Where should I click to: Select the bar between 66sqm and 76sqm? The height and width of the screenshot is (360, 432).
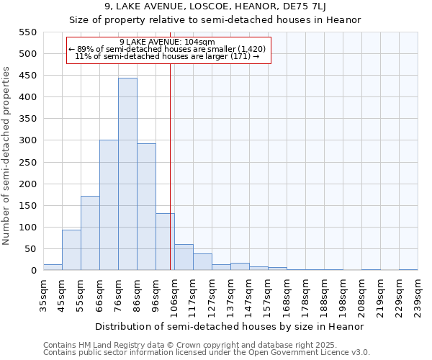point(109,205)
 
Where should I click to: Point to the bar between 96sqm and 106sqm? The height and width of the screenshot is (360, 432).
point(165,242)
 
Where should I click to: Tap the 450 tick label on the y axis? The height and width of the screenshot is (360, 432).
point(26,76)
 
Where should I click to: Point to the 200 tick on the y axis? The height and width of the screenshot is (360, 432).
point(26,184)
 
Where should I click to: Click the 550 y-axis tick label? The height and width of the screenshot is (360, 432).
point(26,32)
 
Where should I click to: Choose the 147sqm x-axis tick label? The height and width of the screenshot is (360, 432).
point(249,295)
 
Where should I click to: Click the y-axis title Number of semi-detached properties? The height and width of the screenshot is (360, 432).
point(7,155)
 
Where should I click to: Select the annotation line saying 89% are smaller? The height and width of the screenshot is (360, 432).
point(168,48)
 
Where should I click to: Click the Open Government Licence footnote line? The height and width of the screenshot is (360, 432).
point(207,352)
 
